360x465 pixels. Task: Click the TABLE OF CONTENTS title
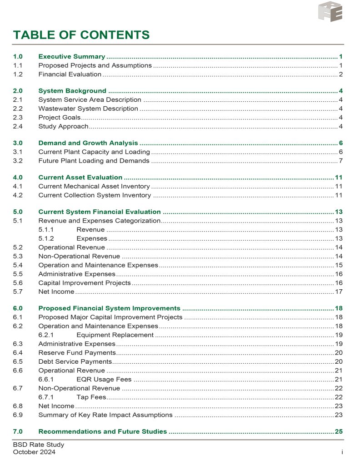point(81,35)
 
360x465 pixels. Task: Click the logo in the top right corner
point(330,11)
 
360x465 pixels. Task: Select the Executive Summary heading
point(72,57)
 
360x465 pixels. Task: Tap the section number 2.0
point(18,91)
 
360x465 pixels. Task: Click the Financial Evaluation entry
point(70,74)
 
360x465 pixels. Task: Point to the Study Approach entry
point(63,126)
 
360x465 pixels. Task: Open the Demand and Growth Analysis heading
point(88,143)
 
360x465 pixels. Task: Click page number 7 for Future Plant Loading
point(340,160)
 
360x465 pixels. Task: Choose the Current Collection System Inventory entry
point(95,195)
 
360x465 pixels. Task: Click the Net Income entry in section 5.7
point(56,291)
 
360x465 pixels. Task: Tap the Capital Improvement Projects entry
point(85,282)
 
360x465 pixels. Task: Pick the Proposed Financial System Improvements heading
point(110,308)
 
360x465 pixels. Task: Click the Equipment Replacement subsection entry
point(115,335)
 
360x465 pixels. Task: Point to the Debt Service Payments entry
point(75,361)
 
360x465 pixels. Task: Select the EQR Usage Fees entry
point(104,379)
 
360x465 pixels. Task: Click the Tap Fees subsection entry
point(91,396)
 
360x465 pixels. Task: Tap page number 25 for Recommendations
point(339,431)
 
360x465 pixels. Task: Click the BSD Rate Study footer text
point(39,445)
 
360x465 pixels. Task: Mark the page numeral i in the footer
point(341,452)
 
